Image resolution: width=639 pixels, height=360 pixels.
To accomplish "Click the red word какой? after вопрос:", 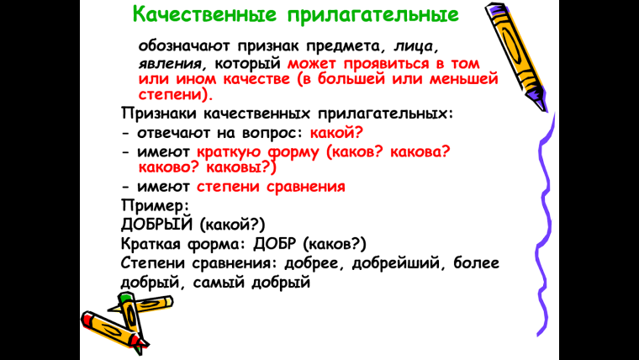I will (335, 132).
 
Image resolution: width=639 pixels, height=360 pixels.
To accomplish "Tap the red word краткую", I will (227, 151).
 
